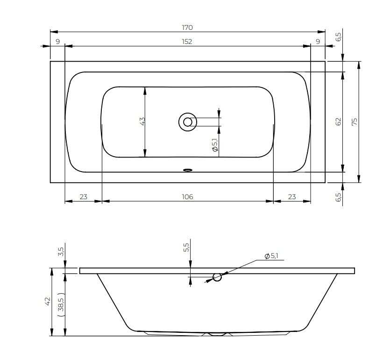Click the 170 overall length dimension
[x=187, y=28]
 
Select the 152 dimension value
[x=187, y=42]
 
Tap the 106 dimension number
[x=187, y=197]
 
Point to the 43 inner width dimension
[x=142, y=121]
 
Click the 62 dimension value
[x=338, y=122]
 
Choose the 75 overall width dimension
[x=355, y=122]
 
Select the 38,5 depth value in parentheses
[x=61, y=304]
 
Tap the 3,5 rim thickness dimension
[x=61, y=252]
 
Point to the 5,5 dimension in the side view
[x=186, y=247]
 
